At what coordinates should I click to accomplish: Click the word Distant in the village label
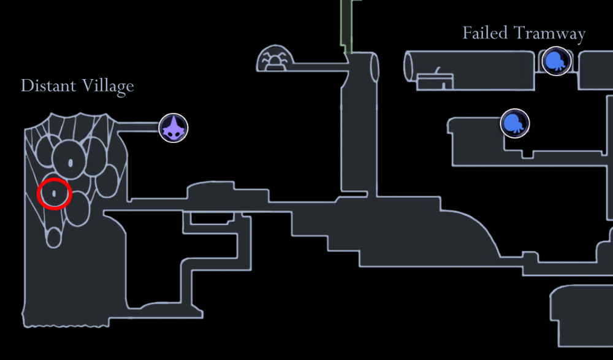(x=47, y=86)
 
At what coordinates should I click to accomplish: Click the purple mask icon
(x=173, y=128)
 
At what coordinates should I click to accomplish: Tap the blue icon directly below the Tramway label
(x=557, y=61)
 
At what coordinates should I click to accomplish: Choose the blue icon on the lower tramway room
(x=515, y=123)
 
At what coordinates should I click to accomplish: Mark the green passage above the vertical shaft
(x=346, y=25)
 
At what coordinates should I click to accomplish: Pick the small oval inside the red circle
(x=55, y=194)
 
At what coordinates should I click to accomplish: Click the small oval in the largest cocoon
(x=70, y=163)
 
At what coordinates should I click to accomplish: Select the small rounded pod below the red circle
(x=55, y=237)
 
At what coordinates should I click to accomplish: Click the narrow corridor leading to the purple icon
(x=138, y=128)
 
